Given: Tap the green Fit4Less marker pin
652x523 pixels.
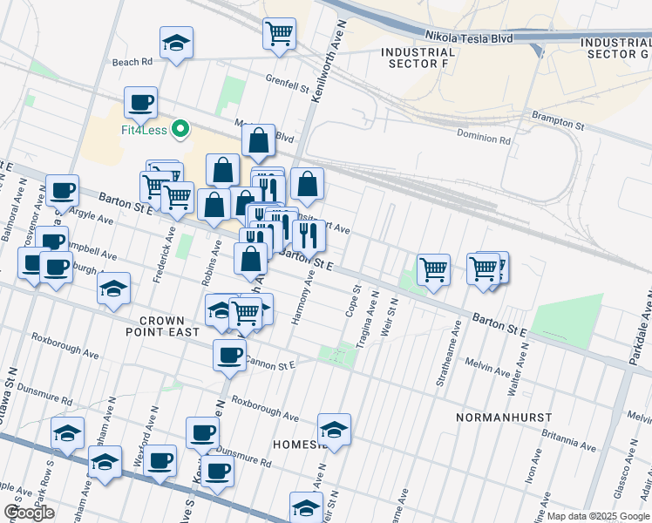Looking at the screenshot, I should [181, 130].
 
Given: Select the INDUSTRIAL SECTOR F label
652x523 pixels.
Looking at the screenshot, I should [418, 58].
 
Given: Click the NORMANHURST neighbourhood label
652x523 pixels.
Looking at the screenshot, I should [499, 418].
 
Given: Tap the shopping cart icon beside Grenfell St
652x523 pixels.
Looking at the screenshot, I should [279, 34].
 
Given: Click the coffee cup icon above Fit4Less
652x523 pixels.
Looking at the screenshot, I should [140, 103].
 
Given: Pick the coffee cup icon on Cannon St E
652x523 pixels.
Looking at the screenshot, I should [230, 355].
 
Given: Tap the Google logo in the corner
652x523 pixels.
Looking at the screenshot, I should [29, 513].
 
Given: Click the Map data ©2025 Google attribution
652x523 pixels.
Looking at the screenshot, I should [597, 516].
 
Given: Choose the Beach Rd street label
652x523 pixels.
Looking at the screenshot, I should [132, 62].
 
